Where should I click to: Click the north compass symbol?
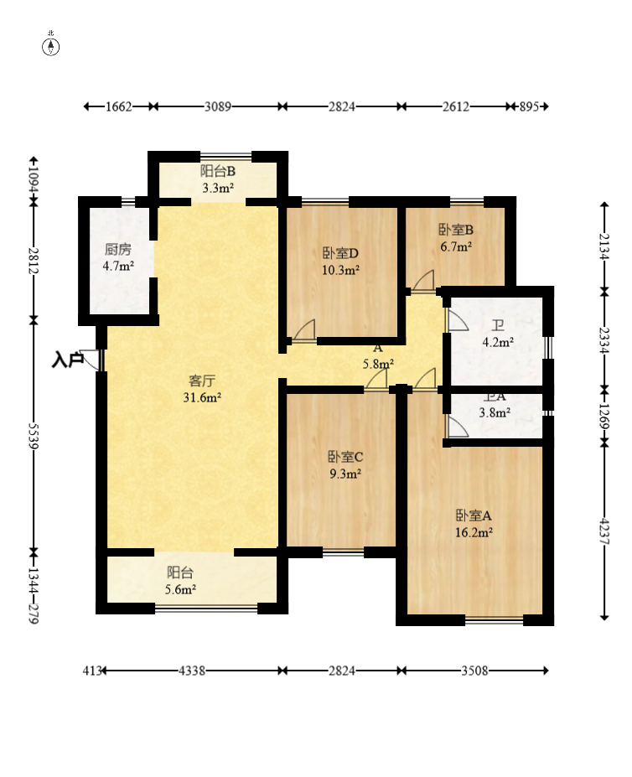(x=50, y=45)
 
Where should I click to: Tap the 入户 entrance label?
(x=67, y=360)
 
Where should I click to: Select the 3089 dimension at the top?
(x=218, y=106)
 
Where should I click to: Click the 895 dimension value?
(x=529, y=106)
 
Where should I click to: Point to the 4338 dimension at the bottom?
(x=192, y=671)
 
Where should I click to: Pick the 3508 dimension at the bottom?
(x=474, y=671)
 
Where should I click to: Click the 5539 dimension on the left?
(x=34, y=436)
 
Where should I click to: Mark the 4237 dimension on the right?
(x=604, y=531)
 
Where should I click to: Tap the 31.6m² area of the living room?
(x=202, y=397)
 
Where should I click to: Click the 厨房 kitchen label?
(x=118, y=249)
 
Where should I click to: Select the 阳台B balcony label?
(x=218, y=172)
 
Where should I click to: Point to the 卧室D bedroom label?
(x=340, y=254)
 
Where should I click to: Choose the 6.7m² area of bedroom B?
(x=456, y=246)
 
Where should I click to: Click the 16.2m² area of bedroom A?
(x=474, y=533)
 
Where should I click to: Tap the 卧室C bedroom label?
(x=345, y=457)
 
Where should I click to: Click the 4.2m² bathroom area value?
(x=498, y=342)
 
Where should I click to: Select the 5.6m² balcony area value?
(x=180, y=589)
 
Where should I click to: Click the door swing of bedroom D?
(x=304, y=330)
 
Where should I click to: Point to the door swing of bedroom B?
(x=424, y=281)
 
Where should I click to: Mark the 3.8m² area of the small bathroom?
(x=495, y=412)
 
